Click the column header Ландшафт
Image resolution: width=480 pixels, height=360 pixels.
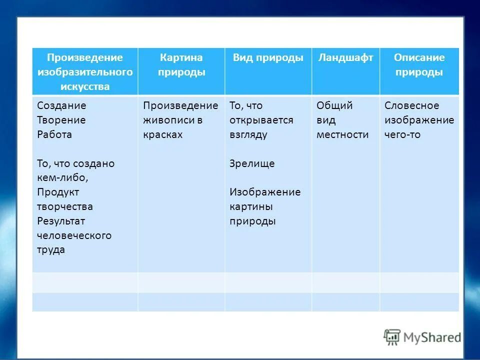(x=345, y=58)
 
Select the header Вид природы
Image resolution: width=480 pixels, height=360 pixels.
(x=268, y=58)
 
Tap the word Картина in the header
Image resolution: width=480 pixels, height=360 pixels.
(x=181, y=57)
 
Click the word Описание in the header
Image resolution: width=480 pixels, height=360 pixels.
(x=419, y=57)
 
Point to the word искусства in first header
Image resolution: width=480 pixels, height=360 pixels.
(x=85, y=86)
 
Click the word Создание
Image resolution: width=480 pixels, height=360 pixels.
(x=61, y=105)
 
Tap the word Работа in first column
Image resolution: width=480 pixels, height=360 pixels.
(x=54, y=134)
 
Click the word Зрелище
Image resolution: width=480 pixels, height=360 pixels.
(x=252, y=163)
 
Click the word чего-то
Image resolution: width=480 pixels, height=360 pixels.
(x=402, y=134)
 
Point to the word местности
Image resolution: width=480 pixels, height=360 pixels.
(x=342, y=134)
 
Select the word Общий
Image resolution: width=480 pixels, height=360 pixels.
(x=334, y=105)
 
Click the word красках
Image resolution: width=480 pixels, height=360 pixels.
(x=162, y=134)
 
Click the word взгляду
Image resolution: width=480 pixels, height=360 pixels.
(x=248, y=134)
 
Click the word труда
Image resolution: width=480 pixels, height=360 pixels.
(x=51, y=250)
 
